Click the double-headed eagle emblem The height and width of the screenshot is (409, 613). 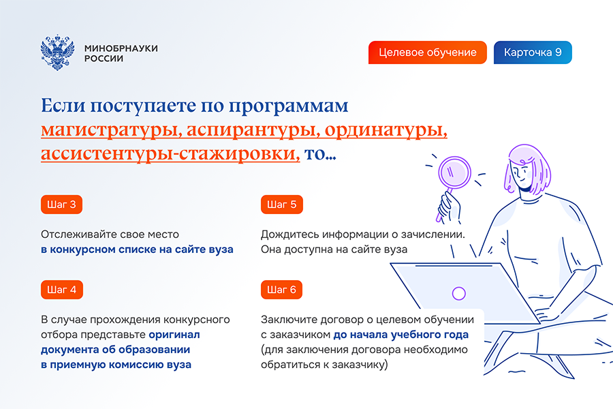coord(57,52)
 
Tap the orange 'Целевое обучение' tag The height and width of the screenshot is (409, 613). coord(427,52)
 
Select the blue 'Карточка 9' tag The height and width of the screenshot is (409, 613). coord(533,52)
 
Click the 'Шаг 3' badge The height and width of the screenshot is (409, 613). coord(61,204)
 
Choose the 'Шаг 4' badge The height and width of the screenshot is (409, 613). coord(62,290)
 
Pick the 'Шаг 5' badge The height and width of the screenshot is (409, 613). coord(281,204)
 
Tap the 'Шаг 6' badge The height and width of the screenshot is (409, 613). coord(281,290)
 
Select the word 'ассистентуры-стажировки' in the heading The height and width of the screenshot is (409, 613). coord(170,153)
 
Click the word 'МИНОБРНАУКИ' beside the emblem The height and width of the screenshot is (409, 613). coord(121,48)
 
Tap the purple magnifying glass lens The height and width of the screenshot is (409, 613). coord(454,172)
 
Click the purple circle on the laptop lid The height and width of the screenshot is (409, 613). coord(458,293)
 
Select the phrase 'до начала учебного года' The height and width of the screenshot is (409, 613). coord(401,335)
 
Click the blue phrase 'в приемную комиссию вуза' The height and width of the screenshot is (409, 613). coord(116,365)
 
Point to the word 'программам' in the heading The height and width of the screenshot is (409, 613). coord(289,106)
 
